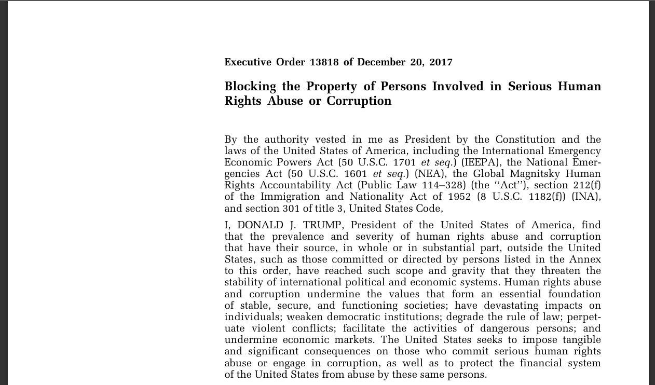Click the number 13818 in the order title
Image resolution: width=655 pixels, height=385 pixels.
(x=324, y=62)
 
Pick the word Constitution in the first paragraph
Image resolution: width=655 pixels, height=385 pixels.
(x=525, y=140)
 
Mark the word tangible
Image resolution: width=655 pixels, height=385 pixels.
(x=578, y=339)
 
